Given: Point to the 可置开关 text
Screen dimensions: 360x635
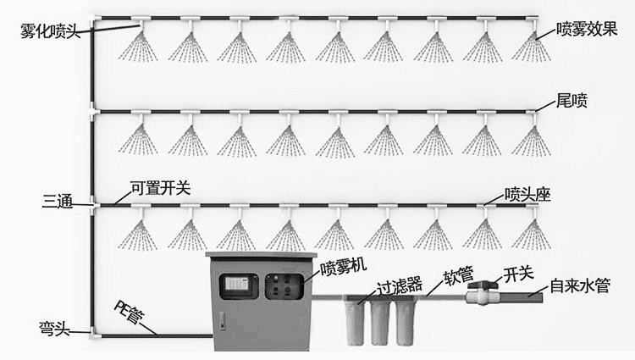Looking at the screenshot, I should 160,188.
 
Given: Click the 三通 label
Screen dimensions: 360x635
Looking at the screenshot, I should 57,202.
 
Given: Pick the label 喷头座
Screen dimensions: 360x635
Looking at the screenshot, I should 527,193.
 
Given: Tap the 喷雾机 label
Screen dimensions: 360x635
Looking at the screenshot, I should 343,267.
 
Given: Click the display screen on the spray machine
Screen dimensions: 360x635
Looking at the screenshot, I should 237,286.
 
